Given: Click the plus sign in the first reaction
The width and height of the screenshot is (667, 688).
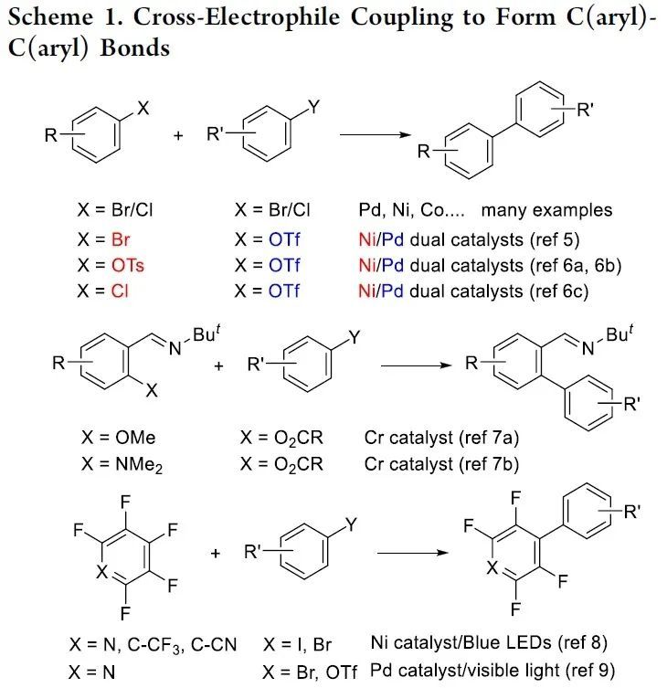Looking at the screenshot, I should point(178,135).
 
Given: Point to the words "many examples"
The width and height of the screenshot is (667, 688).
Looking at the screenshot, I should point(546,210).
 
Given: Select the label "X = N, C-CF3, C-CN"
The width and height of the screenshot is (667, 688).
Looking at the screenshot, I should point(153,644).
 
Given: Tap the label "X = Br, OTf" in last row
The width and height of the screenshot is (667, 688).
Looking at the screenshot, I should point(309,670).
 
